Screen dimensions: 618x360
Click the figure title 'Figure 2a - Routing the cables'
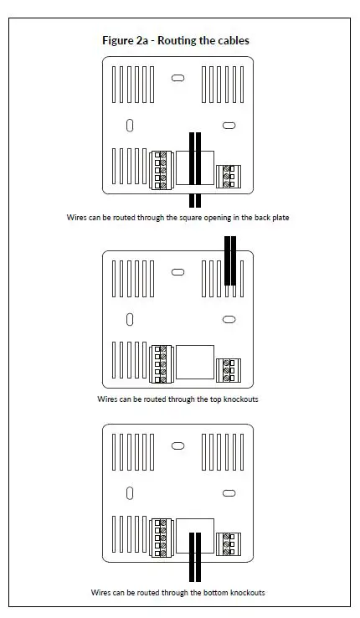point(175,40)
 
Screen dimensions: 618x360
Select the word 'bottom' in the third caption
point(209,592)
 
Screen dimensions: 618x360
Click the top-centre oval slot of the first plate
point(177,78)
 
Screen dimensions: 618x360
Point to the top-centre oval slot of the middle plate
point(177,272)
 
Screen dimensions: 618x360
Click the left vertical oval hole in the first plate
point(130,125)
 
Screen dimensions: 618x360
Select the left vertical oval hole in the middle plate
point(130,319)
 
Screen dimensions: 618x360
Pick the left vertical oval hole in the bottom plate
point(130,493)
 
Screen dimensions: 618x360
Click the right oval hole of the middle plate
point(228,319)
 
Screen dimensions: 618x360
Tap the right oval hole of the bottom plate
point(228,493)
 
